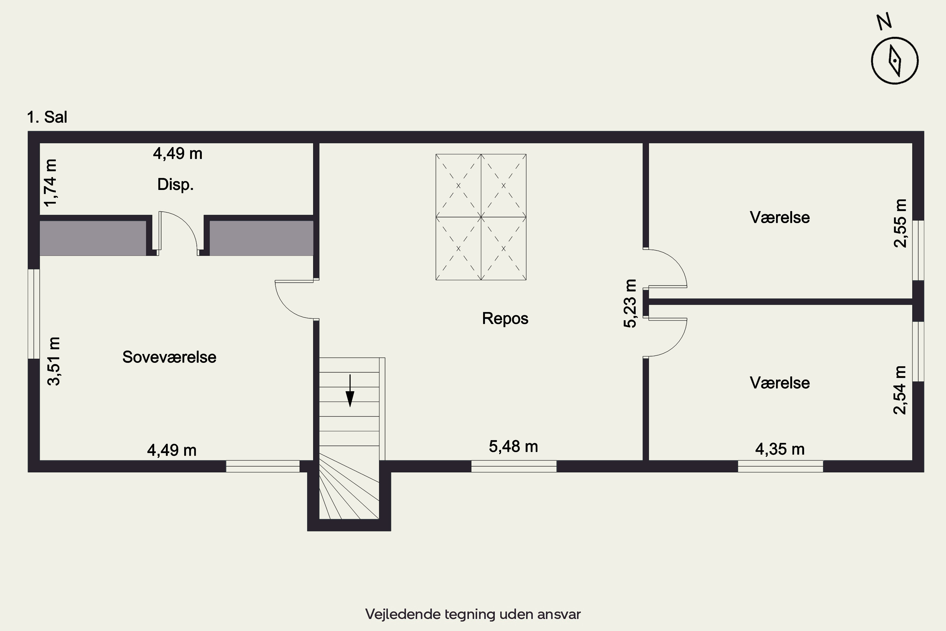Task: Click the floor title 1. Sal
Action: tap(47, 117)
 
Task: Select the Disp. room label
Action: tap(175, 185)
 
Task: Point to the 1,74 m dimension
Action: tap(51, 183)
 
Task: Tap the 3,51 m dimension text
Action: tap(54, 361)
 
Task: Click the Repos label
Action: tap(505, 319)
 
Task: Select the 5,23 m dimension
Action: tap(630, 304)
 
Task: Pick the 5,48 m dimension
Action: tap(513, 447)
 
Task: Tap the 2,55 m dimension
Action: tap(900, 223)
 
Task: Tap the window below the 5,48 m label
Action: tap(514, 466)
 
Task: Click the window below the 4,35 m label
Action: tap(780, 466)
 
